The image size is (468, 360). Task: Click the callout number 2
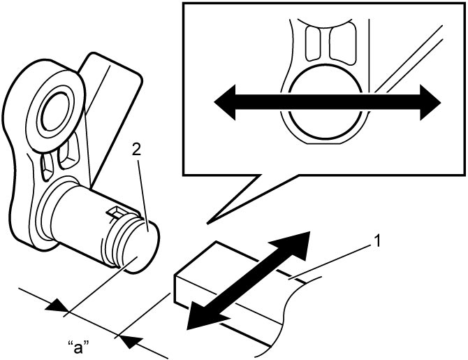pyautogui.click(x=136, y=150)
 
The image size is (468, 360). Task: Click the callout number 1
pyautogui.click(x=378, y=241)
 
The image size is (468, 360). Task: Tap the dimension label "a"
pyautogui.click(x=78, y=347)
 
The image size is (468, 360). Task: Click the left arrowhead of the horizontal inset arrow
pyautogui.click(x=225, y=103)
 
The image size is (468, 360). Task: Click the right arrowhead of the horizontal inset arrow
pyautogui.click(x=430, y=103)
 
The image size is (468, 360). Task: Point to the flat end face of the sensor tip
pyautogui.click(x=142, y=247)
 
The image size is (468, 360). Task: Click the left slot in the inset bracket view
pyautogui.click(x=314, y=43)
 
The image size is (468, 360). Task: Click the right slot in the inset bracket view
pyautogui.click(x=343, y=45)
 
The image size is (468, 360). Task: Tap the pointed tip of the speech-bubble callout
pyautogui.click(x=207, y=223)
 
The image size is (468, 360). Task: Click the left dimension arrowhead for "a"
pyautogui.click(x=57, y=307)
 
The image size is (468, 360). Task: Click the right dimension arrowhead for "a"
pyautogui.click(x=131, y=340)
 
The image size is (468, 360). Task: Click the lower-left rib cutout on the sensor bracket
pyautogui.click(x=46, y=167)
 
